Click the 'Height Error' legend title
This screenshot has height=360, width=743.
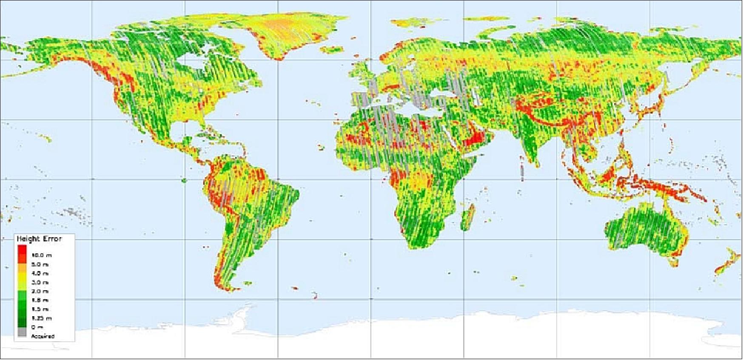click(x=39, y=239)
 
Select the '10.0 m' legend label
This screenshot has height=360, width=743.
click(x=42, y=255)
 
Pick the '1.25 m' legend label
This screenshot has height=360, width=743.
click(x=42, y=318)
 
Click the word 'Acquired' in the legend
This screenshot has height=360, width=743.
click(x=43, y=336)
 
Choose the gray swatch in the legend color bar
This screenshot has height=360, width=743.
click(x=22, y=333)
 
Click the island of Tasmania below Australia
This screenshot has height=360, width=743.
click(x=674, y=263)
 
